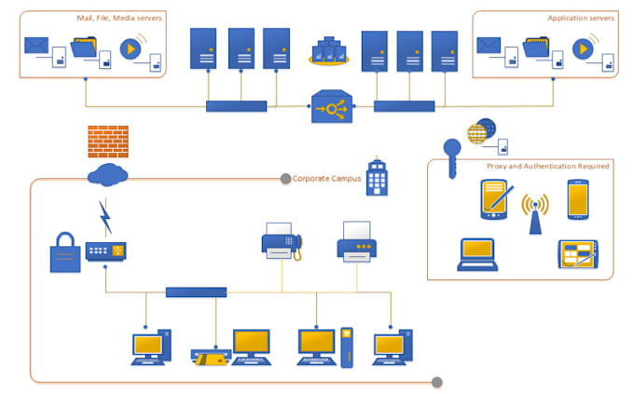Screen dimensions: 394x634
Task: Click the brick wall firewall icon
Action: pos(108,141)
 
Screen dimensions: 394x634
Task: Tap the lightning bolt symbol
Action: pos(104,217)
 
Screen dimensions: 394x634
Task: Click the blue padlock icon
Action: pos(66,251)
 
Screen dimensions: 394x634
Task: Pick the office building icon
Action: pos(377,176)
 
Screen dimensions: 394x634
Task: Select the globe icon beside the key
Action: pos(481,130)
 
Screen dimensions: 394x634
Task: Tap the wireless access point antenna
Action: pos(534,213)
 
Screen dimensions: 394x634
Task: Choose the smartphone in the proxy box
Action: pos(578,199)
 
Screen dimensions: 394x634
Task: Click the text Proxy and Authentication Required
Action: pos(547,166)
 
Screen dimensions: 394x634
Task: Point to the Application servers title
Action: pos(580,18)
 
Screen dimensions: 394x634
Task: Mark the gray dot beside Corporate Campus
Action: pos(285,178)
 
